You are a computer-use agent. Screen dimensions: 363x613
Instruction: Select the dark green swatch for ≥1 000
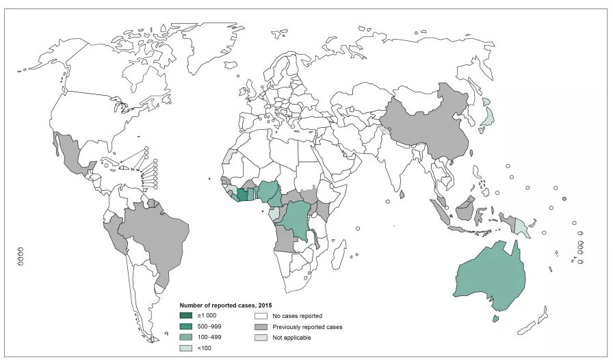pyautogui.click(x=185, y=316)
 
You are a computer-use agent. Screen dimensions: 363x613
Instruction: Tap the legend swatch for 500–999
pyautogui.click(x=185, y=327)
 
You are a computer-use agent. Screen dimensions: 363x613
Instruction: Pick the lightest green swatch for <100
pyautogui.click(x=185, y=348)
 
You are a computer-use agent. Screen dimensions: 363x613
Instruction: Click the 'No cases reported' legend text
pyautogui.click(x=297, y=316)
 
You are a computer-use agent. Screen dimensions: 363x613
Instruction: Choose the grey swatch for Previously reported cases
pyautogui.click(x=261, y=327)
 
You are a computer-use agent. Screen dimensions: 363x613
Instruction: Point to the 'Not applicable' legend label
pyautogui.click(x=291, y=337)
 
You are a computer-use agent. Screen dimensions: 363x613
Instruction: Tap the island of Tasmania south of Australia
pyautogui.click(x=496, y=318)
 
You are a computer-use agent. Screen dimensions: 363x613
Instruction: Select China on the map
pyautogui.click(x=424, y=126)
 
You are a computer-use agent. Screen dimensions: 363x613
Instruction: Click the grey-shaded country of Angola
pyautogui.click(x=283, y=239)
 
